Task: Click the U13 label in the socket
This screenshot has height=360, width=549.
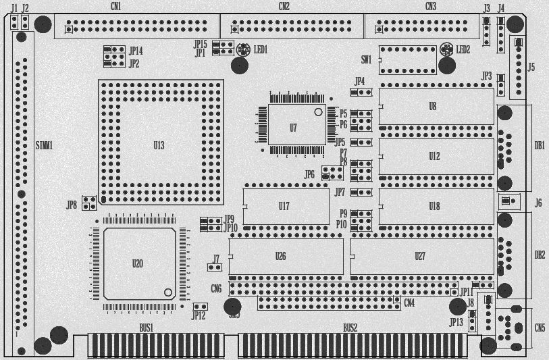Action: tap(159, 145)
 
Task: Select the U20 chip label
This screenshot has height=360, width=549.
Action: tap(138, 263)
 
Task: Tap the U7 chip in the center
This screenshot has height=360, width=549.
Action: tap(293, 127)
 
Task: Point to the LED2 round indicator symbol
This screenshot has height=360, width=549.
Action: tap(446, 49)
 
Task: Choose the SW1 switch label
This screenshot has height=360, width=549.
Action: tap(366, 59)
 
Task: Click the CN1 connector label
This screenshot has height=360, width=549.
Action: tap(116, 6)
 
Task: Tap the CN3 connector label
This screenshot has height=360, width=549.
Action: tap(431, 6)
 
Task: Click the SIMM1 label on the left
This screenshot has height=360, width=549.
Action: tap(44, 145)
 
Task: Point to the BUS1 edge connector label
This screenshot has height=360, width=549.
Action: tap(147, 328)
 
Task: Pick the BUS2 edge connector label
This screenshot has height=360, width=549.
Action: tap(350, 328)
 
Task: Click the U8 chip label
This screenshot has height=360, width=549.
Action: tap(433, 107)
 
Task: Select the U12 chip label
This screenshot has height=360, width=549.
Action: tap(434, 157)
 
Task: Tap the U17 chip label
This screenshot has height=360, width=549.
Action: tap(284, 206)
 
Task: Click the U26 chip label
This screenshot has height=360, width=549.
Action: tap(281, 256)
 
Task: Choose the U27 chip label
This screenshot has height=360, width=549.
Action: tap(420, 256)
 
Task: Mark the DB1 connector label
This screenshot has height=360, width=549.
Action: tap(540, 145)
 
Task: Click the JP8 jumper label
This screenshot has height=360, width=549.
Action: tap(72, 205)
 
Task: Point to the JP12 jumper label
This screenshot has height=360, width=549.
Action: tap(198, 315)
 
